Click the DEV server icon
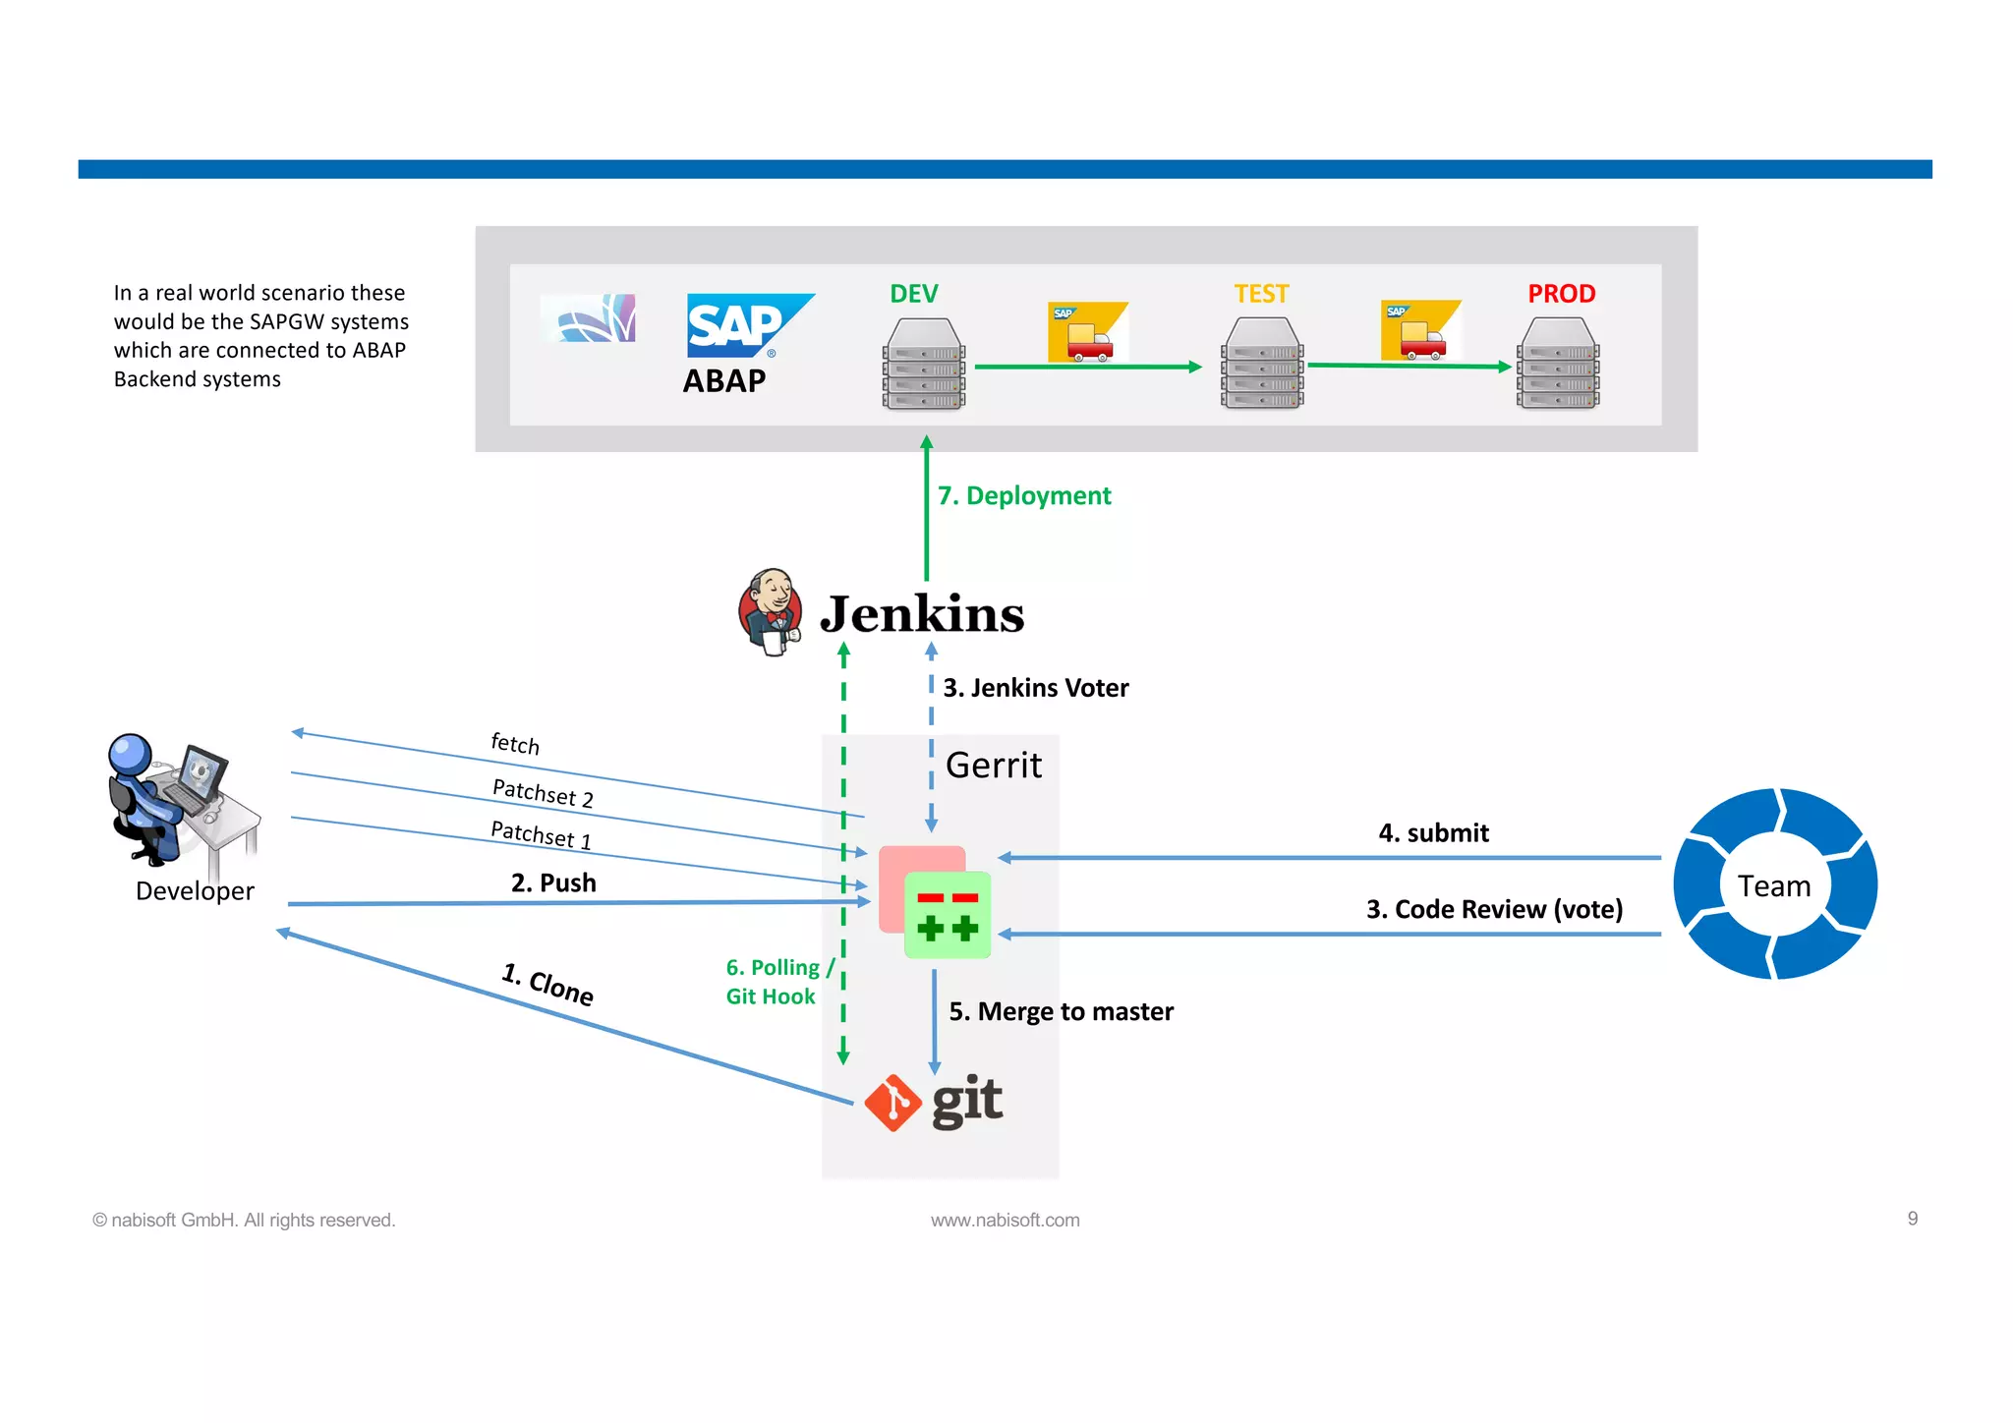(x=924, y=364)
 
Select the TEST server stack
(x=1262, y=364)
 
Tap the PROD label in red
(x=1561, y=294)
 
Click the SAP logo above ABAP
(x=747, y=325)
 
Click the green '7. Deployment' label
(x=1023, y=495)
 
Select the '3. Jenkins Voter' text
(x=1035, y=688)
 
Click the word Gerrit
(x=993, y=766)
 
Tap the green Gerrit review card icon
(x=947, y=915)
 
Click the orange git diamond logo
(x=892, y=1103)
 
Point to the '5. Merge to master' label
(x=1061, y=1011)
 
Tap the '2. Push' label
(x=553, y=882)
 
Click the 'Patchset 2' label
(x=543, y=792)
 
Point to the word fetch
(x=515, y=743)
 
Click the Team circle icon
(x=1774, y=884)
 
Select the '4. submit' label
(x=1433, y=833)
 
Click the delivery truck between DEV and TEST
(x=1087, y=332)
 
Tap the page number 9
(x=1912, y=1219)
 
